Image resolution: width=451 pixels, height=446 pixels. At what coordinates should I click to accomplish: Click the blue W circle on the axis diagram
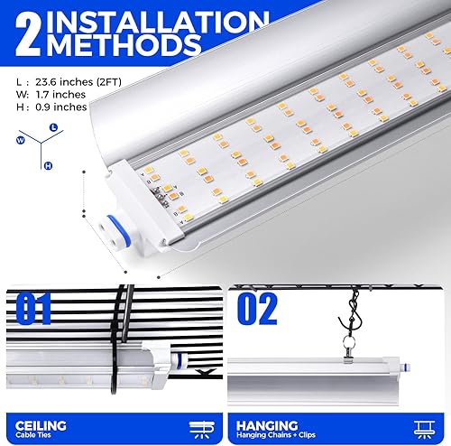pyautogui.click(x=19, y=141)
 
